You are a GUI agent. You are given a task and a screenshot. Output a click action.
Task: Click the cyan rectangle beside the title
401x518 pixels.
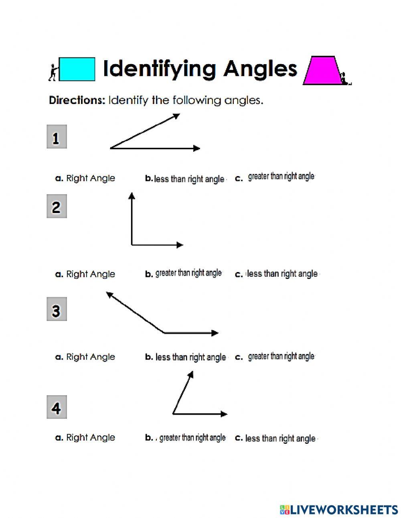point(77,69)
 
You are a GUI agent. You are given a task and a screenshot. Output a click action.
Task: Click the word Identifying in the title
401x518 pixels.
point(160,69)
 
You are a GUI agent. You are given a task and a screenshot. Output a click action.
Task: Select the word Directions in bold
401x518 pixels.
point(76,100)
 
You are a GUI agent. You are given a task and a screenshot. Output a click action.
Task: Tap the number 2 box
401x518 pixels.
point(57,207)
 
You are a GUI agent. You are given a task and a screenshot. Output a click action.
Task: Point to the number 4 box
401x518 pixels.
point(57,407)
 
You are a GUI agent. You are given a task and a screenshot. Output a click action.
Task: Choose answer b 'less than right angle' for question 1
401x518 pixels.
point(189,179)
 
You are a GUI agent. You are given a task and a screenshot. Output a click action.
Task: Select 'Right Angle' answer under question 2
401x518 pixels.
point(90,274)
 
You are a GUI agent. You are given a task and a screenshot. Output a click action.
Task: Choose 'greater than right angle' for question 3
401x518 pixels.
point(281,356)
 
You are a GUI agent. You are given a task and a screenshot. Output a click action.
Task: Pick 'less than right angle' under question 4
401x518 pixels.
point(280,439)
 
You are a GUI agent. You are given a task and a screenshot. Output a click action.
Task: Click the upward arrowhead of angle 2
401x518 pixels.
point(132,195)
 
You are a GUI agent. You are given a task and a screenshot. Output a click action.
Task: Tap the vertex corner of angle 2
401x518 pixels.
point(132,244)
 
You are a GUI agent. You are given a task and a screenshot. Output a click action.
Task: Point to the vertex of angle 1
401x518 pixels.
point(111,148)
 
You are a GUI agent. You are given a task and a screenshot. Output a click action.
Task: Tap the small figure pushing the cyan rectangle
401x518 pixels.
point(52,72)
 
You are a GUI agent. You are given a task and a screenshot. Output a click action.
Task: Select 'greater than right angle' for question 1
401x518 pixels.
point(281,177)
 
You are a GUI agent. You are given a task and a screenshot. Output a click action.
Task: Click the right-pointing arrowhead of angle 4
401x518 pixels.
point(224,414)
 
